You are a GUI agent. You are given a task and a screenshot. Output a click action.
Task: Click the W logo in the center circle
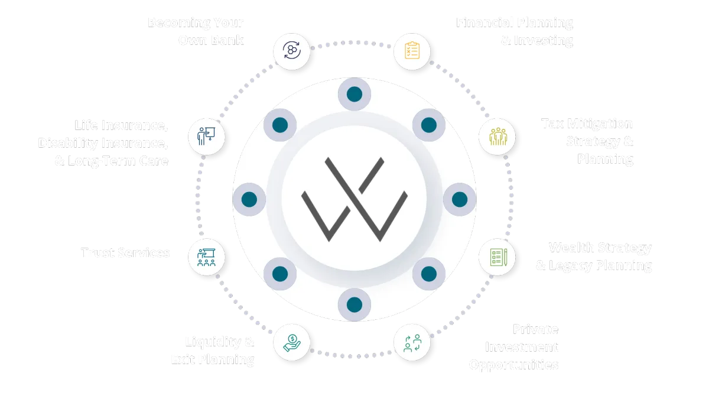354,199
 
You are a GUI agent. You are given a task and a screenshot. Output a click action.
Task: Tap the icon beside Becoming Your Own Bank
292,51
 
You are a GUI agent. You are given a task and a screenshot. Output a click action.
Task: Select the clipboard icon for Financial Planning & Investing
412,51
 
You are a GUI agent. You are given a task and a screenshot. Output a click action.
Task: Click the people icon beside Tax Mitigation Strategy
496,137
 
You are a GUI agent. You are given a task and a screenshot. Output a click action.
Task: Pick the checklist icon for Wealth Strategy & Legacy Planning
496,257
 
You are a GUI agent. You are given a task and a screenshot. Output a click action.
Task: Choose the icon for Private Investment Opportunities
412,342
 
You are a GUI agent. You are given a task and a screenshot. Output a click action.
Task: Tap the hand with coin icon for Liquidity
292,342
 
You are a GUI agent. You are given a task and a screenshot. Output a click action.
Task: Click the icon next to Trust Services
206,257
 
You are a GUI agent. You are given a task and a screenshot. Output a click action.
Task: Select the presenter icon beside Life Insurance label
206,137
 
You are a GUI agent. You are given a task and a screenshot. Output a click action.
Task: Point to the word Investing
544,41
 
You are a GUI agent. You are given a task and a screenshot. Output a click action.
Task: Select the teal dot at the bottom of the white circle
354,304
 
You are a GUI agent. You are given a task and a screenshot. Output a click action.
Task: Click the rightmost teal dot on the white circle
459,199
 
